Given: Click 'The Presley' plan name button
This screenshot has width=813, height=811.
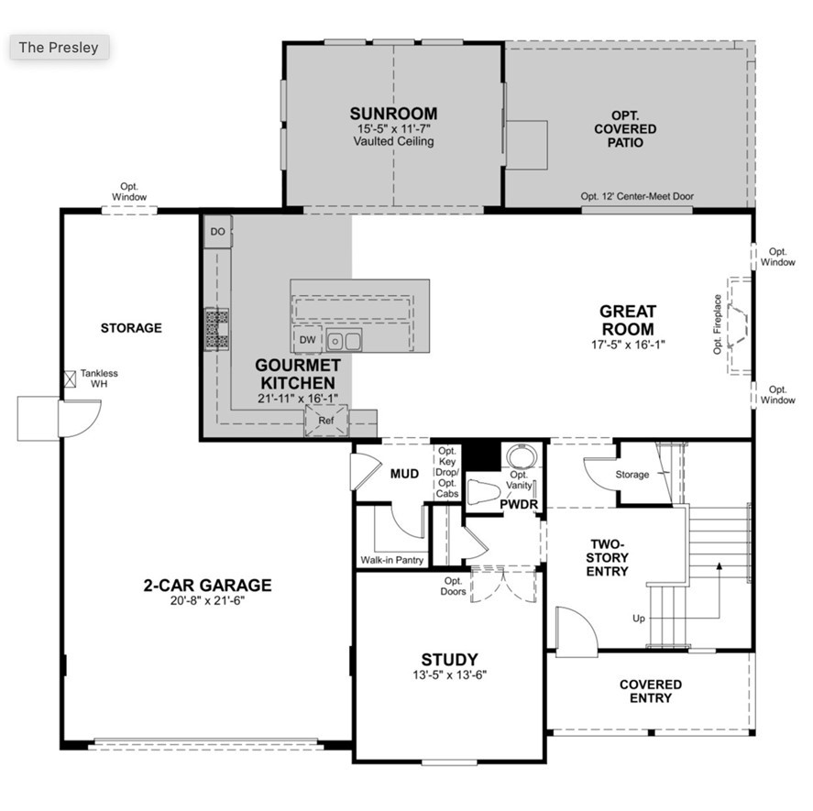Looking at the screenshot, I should tap(60, 48).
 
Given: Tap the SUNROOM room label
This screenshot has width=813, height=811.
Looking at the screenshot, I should tap(393, 114).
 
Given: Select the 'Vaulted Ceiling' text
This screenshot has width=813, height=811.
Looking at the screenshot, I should tap(393, 142).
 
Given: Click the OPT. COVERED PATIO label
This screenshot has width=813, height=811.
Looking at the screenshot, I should tap(625, 129).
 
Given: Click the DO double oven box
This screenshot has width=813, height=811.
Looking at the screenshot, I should tap(217, 232).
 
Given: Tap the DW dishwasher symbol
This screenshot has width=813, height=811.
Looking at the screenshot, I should tap(307, 340).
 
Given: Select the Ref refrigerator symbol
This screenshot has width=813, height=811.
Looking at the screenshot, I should tap(327, 420).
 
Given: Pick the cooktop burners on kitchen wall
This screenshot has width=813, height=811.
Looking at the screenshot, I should tap(217, 328).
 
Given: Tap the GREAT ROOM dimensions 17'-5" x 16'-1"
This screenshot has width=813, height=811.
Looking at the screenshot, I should tap(627, 345).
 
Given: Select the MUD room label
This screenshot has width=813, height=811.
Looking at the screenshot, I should tap(404, 474).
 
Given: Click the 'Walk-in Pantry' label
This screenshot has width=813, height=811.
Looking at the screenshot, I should tap(392, 560).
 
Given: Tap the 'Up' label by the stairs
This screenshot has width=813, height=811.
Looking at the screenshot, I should tap(638, 619).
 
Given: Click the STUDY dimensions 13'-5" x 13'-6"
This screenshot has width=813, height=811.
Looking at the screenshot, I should tap(448, 676).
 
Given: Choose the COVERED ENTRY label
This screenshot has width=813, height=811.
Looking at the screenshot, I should tap(650, 691).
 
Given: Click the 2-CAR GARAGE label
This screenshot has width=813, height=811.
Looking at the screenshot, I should tap(207, 586).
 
